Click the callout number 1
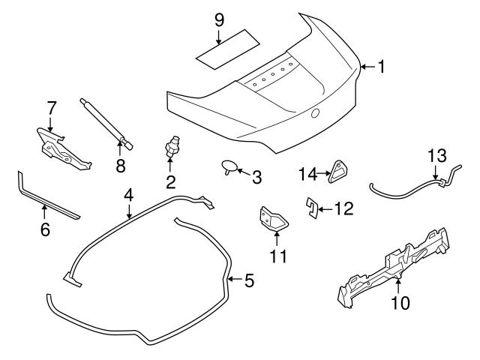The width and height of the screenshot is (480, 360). pos(380,67)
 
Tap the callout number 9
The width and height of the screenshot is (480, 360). pos(219,19)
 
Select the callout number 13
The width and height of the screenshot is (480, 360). pos(436,157)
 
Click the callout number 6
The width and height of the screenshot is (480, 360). pos(45,229)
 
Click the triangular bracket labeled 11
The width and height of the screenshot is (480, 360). pos(274,218)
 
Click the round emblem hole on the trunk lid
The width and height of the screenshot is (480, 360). pos(316,113)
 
